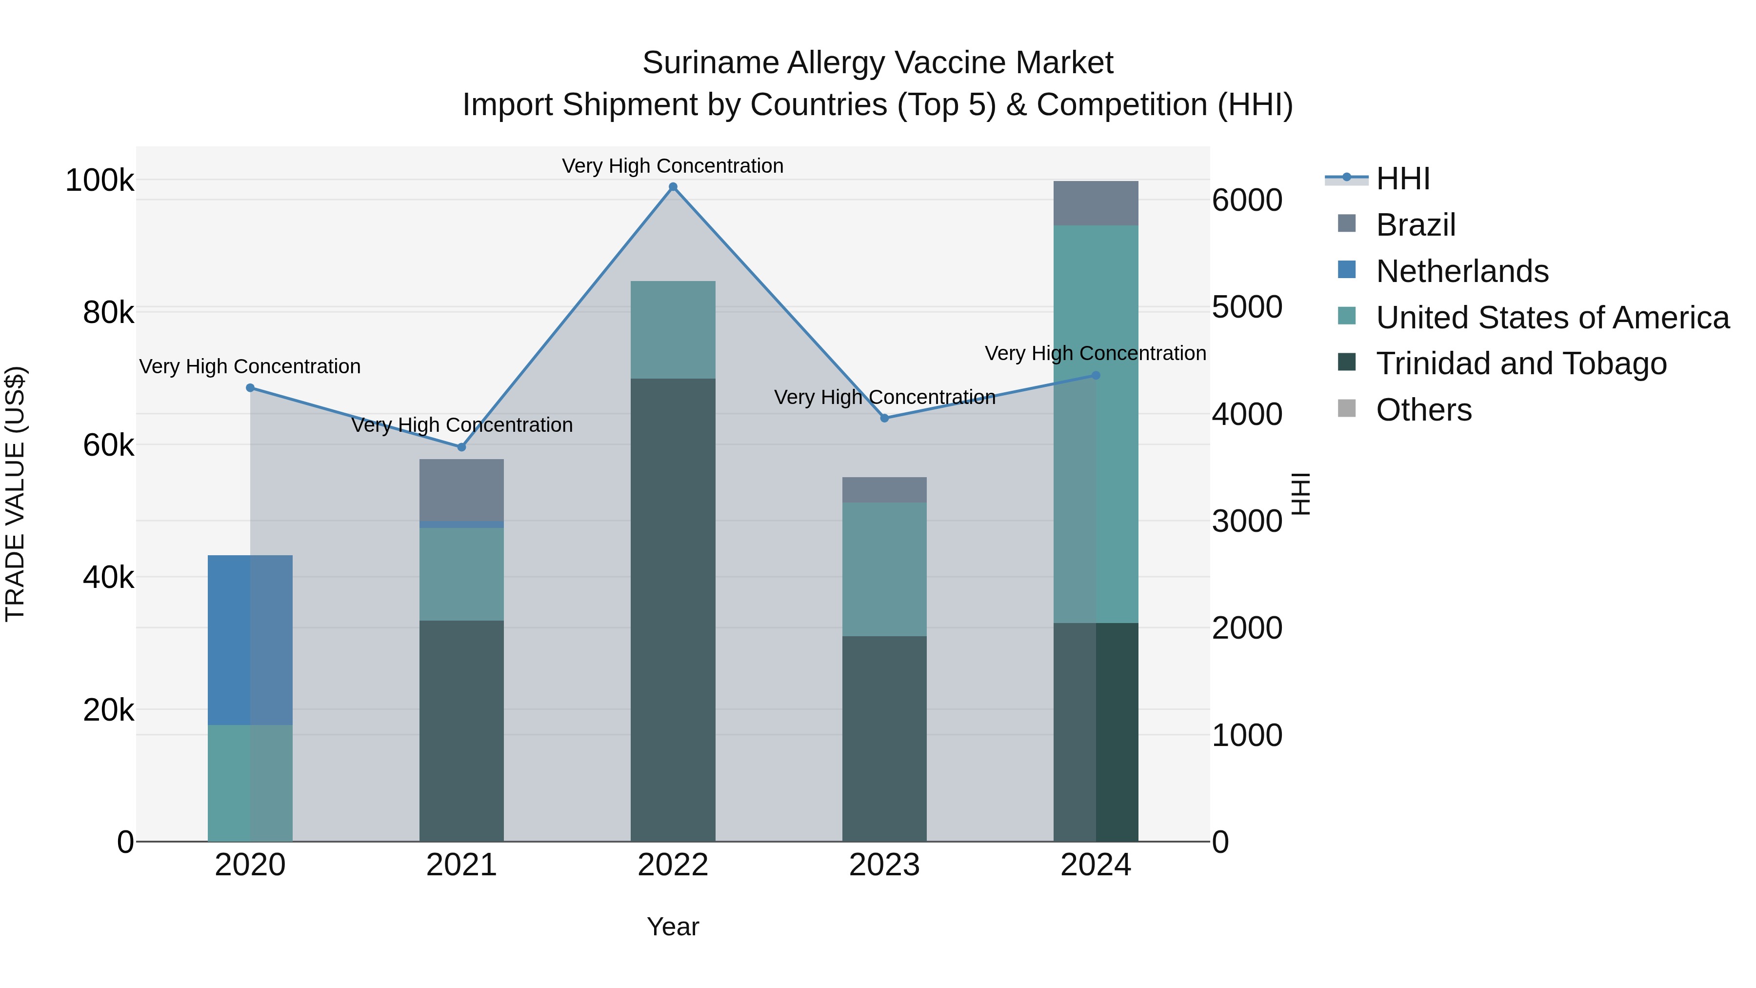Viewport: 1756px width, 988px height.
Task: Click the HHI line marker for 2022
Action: pos(673,187)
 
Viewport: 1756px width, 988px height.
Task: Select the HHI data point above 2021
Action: pos(461,447)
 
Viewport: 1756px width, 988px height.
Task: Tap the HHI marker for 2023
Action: pos(884,418)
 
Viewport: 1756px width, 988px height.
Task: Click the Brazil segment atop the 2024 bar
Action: pos(1096,203)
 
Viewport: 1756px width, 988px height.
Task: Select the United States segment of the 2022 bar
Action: pos(673,329)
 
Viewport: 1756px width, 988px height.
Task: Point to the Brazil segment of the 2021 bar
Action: pos(461,489)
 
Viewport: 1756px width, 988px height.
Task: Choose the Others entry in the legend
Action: pos(1423,410)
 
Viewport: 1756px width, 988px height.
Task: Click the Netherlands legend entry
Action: pos(1461,271)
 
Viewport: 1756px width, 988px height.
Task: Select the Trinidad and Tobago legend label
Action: pos(1521,363)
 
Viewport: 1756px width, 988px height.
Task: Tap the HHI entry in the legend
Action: pos(1402,179)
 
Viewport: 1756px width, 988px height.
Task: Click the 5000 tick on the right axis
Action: pos(1247,307)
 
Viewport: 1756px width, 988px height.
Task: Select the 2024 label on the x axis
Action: pos(1096,865)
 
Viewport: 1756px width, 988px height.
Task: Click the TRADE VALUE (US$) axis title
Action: pos(15,494)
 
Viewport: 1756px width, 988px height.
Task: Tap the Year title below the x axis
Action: pos(673,927)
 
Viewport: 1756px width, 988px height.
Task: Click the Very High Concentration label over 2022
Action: pos(673,166)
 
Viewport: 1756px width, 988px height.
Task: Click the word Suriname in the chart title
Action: pos(710,63)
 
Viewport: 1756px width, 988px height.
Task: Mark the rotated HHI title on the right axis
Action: pos(1300,494)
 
